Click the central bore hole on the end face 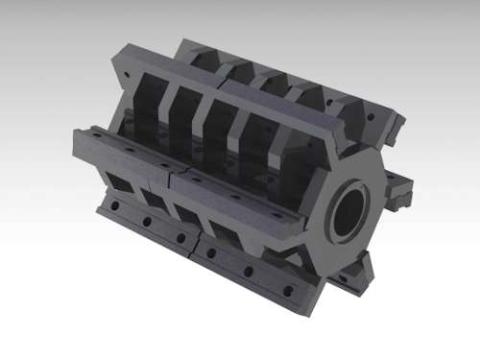[349, 211]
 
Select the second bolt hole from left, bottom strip [146, 221]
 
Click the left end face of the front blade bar [79, 145]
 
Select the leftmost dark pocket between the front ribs [144, 106]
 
